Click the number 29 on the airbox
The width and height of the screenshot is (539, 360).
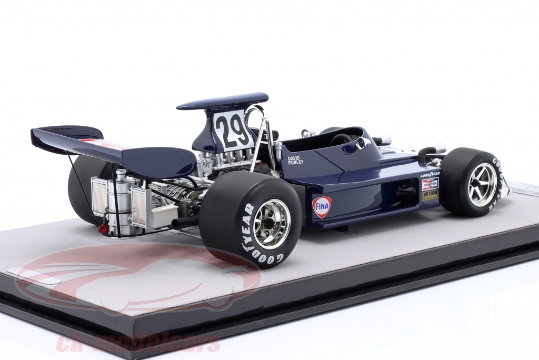[233, 130]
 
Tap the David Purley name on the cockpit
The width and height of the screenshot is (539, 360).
[296, 159]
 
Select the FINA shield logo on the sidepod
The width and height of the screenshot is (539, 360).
[322, 207]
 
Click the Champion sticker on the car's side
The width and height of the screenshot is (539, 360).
[430, 184]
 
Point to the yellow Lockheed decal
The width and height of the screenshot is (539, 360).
[430, 195]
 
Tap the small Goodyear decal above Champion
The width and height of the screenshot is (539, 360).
[430, 174]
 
